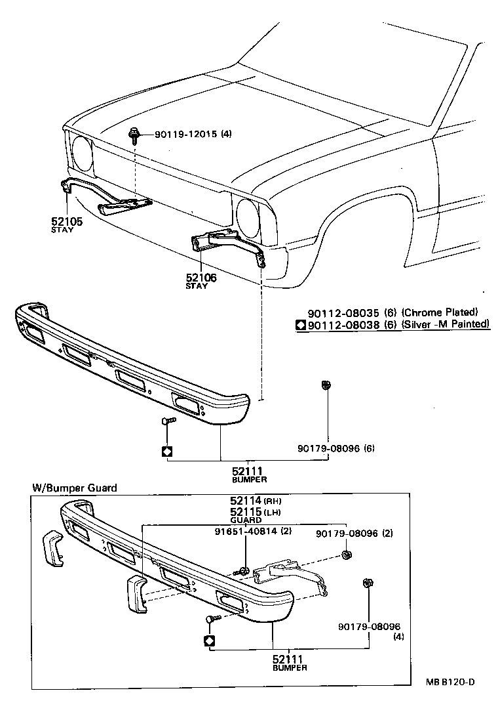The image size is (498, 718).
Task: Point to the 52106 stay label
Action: pyautogui.click(x=201, y=278)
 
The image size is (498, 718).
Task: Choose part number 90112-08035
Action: pyautogui.click(x=343, y=312)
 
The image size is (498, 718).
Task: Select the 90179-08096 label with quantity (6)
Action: pyautogui.click(x=326, y=449)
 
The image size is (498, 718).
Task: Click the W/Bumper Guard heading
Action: pyautogui.click(x=75, y=488)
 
